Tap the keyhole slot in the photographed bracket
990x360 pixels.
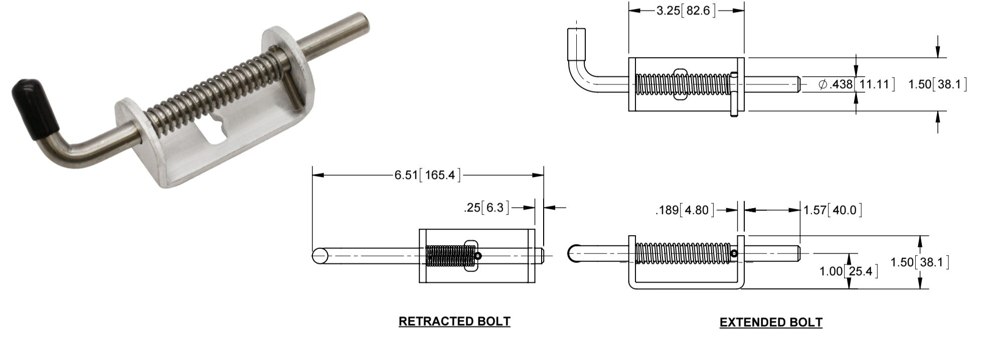[218, 131]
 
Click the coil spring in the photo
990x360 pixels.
[216, 83]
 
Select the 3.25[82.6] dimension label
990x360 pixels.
[686, 11]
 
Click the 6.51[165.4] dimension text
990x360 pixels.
[427, 175]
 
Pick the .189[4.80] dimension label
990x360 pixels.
[685, 210]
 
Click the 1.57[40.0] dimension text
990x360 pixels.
[833, 210]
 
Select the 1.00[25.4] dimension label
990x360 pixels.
[849, 272]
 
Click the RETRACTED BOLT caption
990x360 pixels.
[454, 321]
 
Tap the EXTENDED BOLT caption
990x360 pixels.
[771, 322]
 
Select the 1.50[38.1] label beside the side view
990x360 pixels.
[919, 262]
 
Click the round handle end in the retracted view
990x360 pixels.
[320, 256]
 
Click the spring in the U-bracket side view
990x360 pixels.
[682, 254]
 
